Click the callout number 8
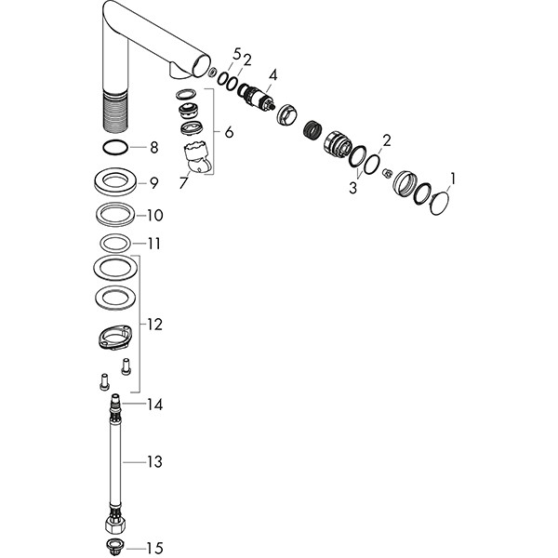coord(154,147)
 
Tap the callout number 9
coord(153,183)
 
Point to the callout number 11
coord(153,244)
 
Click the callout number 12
coord(154,325)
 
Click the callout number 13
coord(154,462)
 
